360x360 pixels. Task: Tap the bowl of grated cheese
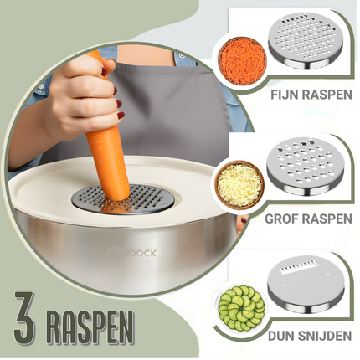239,183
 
